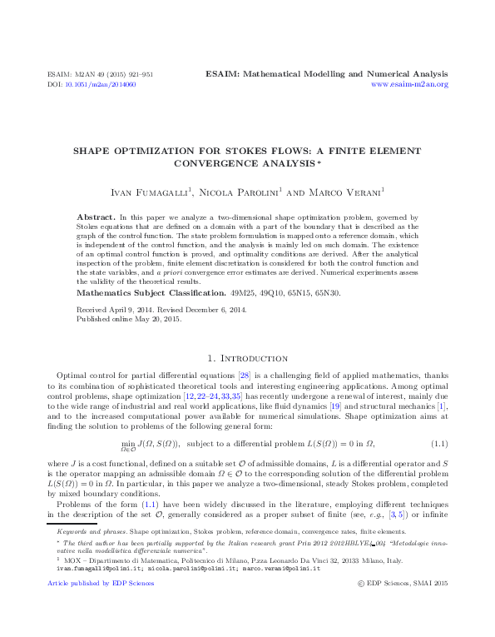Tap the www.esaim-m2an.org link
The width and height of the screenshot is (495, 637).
(408, 84)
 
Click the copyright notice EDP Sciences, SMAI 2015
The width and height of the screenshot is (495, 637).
(407, 608)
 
